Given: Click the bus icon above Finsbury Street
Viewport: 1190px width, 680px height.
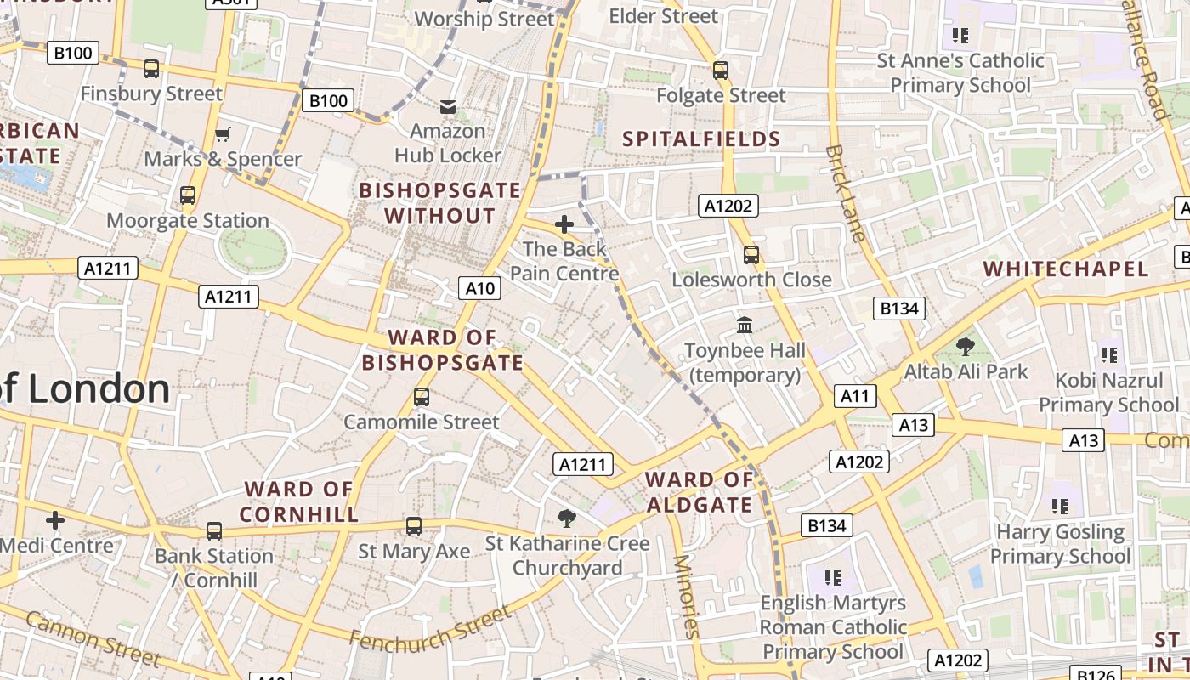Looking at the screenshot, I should click(x=151, y=69).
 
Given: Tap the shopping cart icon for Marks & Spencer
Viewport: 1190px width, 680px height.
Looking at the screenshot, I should click(x=223, y=134).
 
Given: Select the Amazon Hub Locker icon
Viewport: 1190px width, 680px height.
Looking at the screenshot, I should click(x=447, y=107).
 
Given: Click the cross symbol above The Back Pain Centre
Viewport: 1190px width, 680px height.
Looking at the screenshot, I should click(x=564, y=224).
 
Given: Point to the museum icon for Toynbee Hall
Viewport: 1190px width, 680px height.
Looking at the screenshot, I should click(x=745, y=325).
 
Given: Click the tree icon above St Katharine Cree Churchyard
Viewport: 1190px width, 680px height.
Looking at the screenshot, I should click(x=567, y=518).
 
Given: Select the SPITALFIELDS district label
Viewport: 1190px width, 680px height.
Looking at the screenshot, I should click(x=701, y=139).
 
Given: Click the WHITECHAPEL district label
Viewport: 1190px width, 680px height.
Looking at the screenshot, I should click(x=1066, y=269).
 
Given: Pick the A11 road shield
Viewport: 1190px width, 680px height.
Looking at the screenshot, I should click(x=855, y=395).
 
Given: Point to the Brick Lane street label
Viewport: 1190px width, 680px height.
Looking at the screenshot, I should click(x=845, y=194).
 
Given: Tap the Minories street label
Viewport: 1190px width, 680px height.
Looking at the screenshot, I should click(x=685, y=596).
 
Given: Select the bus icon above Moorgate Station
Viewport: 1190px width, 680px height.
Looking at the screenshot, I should click(x=188, y=195).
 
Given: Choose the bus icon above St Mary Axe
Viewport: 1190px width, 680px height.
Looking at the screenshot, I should click(x=414, y=526).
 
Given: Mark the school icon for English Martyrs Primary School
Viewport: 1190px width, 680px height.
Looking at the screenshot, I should click(x=832, y=578).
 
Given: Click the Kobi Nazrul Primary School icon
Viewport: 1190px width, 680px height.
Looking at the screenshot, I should click(x=1108, y=354).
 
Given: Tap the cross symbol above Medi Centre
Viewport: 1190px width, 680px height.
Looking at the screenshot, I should click(x=55, y=519).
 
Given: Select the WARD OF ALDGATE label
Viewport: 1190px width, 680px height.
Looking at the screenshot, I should click(x=700, y=492).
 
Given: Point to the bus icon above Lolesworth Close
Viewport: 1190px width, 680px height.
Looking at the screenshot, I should click(x=751, y=254).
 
